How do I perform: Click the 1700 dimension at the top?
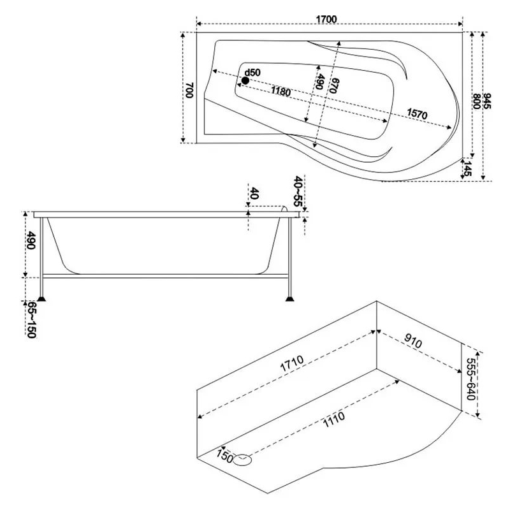pyautogui.click(x=326, y=20)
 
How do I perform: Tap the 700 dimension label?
pyautogui.click(x=189, y=90)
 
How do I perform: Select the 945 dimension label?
pyautogui.click(x=487, y=101)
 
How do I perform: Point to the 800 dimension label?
pyautogui.click(x=476, y=101)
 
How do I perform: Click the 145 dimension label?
pyautogui.click(x=467, y=168)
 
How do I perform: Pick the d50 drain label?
pyautogui.click(x=252, y=73)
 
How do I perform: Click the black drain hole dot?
pyautogui.click(x=245, y=80)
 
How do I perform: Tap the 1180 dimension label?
pyautogui.click(x=280, y=92)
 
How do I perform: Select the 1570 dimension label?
pyautogui.click(x=417, y=113)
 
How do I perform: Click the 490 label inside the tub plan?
pyautogui.click(x=319, y=82)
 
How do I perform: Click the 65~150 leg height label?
pyautogui.click(x=31, y=320)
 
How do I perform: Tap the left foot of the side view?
pyautogui.click(x=41, y=298)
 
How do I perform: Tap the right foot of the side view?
pyautogui.click(x=289, y=298)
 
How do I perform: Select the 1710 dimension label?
pyautogui.click(x=292, y=363)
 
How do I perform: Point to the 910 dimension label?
pyautogui.click(x=413, y=341)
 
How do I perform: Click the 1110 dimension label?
pyautogui.click(x=334, y=420)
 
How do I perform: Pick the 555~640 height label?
pyautogui.click(x=471, y=379)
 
